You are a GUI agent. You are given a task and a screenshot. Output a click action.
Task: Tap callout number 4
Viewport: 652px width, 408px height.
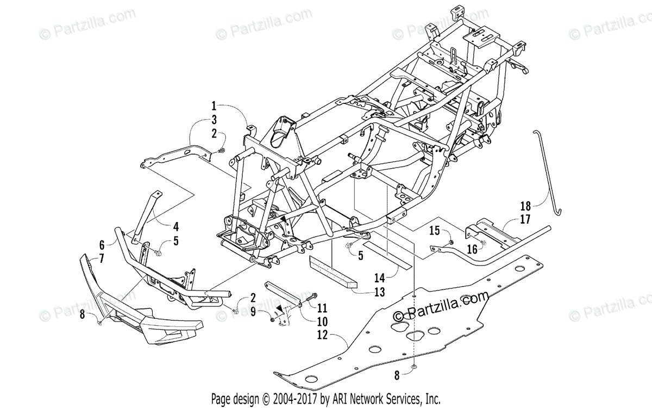[176, 225]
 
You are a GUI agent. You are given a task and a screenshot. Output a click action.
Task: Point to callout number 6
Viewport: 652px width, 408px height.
[102, 245]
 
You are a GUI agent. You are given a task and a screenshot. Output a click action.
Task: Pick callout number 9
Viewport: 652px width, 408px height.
[253, 312]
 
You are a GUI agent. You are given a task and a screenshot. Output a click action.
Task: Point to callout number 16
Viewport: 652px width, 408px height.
[471, 250]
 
